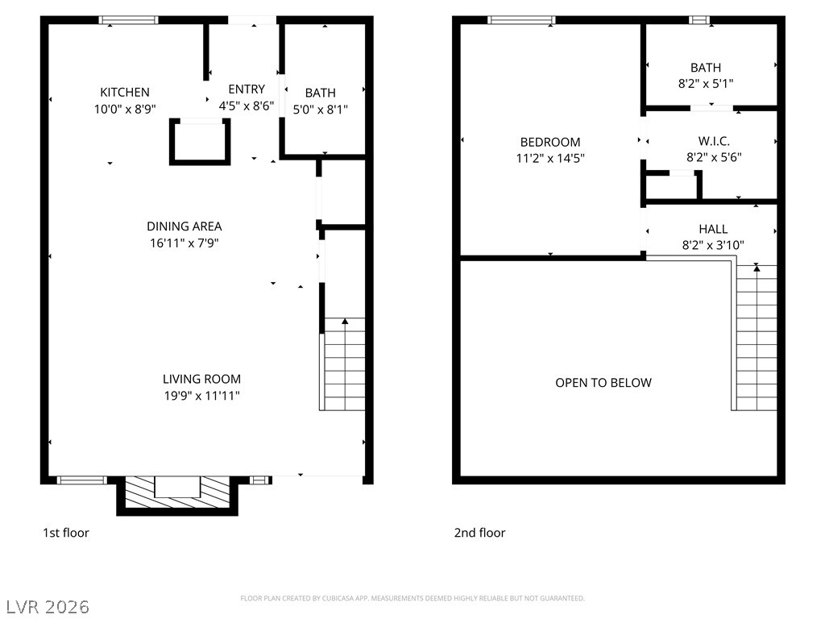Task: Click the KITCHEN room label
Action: point(125,92)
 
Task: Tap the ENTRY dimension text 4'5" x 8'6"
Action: point(247,106)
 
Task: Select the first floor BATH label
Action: point(321,93)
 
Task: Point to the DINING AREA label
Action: point(184,226)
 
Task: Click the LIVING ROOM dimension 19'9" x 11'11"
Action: point(202,396)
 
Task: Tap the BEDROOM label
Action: point(550,142)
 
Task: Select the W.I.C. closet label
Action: point(714,141)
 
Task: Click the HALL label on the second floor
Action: point(714,229)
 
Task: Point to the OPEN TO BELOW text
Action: point(603,383)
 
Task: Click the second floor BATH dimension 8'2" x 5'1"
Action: point(706,84)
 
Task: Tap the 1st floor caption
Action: point(66,533)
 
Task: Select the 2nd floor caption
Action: point(479,533)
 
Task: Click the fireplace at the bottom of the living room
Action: point(177,494)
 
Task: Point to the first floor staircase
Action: point(342,364)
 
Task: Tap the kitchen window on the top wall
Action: point(128,20)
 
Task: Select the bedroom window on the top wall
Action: point(521,20)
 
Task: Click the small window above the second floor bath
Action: point(699,20)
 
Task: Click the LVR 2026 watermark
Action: point(48,607)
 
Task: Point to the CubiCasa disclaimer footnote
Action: point(412,599)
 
